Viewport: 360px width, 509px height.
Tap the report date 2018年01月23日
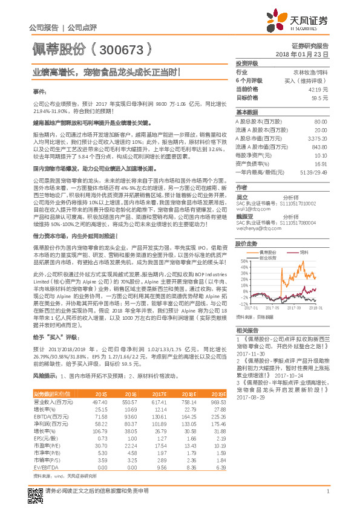coord(309,54)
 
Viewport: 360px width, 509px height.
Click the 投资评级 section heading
coord(247,63)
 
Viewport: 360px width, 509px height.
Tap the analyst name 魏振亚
coord(244,215)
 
